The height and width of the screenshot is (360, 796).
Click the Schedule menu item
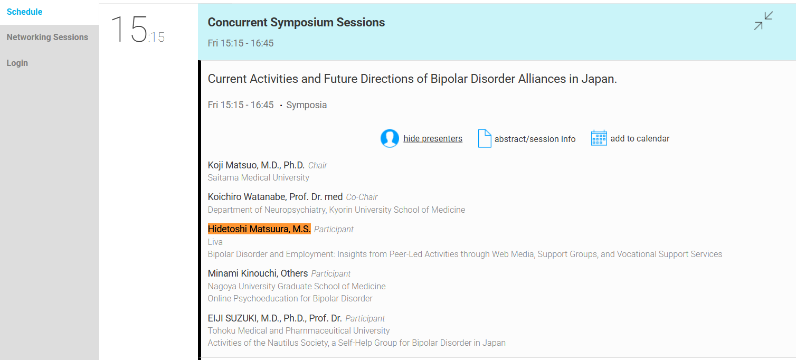pyautogui.click(x=24, y=12)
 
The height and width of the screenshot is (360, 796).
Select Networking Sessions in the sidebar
pyautogui.click(x=48, y=37)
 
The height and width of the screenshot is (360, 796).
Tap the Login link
pyautogui.click(x=17, y=63)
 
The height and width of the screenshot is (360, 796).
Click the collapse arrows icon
pyautogui.click(x=763, y=21)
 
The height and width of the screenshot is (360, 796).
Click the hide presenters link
pyautogui.click(x=433, y=139)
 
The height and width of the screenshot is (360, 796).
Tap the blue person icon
pyautogui.click(x=390, y=138)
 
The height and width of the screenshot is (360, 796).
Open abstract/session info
pyautogui.click(x=535, y=139)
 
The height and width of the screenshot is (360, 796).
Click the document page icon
pyautogui.click(x=485, y=138)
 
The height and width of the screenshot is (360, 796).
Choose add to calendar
pyautogui.click(x=640, y=139)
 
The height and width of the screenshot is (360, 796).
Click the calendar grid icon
pyautogui.click(x=599, y=138)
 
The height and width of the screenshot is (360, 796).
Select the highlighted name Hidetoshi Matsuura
pyautogui.click(x=259, y=229)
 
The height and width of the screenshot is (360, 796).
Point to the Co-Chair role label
pyautogui.click(x=362, y=197)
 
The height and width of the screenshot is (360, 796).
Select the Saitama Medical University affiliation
pyautogui.click(x=258, y=178)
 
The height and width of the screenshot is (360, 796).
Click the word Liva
pyautogui.click(x=215, y=242)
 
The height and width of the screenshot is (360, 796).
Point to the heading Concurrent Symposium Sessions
pyautogui.click(x=296, y=22)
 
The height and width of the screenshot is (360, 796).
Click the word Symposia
pyautogui.click(x=306, y=105)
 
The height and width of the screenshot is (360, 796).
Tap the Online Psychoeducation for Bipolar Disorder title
pyautogui.click(x=290, y=299)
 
